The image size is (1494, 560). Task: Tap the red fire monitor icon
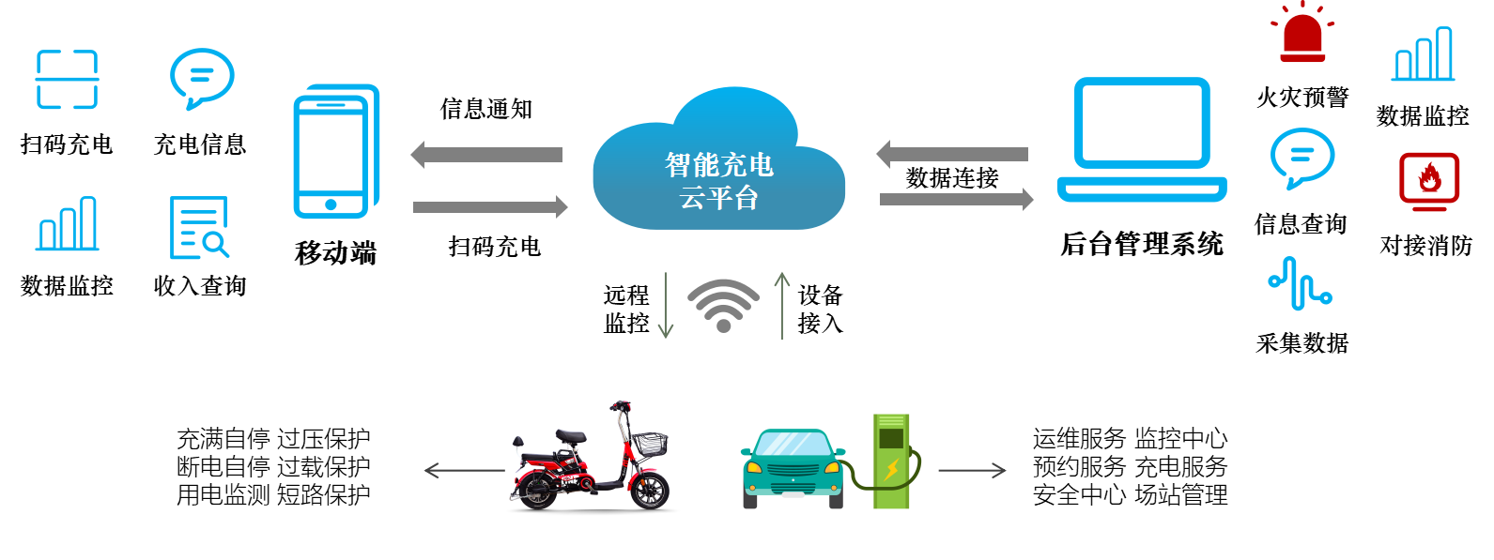click(x=1429, y=179)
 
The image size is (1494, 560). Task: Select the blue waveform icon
click(x=1301, y=283)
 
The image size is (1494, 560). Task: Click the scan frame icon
click(x=67, y=80)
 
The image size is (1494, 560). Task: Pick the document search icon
click(x=199, y=228)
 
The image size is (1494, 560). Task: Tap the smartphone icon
click(x=334, y=153)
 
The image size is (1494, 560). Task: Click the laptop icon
click(x=1142, y=140)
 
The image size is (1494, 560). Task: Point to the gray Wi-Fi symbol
click(x=723, y=305)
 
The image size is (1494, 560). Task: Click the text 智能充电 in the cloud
click(x=719, y=165)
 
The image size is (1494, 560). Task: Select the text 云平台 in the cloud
click(x=719, y=198)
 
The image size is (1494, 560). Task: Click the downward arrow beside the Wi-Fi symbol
click(x=666, y=306)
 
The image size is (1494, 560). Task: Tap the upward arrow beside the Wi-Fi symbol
click(x=781, y=306)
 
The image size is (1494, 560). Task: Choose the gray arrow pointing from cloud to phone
click(x=486, y=155)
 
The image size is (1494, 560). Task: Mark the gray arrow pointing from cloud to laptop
click(x=956, y=199)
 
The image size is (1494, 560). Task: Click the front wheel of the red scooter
click(x=649, y=489)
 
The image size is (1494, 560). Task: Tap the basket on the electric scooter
click(x=649, y=443)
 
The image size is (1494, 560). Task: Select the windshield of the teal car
click(x=793, y=444)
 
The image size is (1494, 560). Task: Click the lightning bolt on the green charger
click(x=891, y=469)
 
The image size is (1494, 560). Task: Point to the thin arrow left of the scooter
click(x=464, y=470)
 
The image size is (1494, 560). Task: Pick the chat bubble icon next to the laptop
click(x=1301, y=157)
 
